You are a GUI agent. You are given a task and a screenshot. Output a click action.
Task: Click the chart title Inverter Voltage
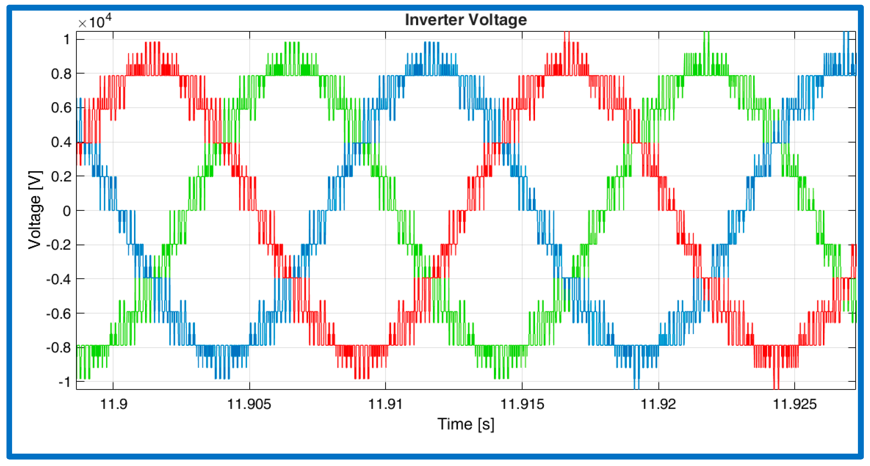[x=465, y=19]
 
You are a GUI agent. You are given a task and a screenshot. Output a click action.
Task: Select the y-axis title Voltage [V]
[x=35, y=210]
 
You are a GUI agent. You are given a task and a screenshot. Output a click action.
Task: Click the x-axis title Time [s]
[x=465, y=424]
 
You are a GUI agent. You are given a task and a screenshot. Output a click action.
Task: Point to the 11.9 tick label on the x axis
[x=113, y=404]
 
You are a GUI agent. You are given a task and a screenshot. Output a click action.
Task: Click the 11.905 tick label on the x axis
[x=249, y=404]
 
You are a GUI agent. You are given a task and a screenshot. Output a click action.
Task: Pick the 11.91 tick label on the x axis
[x=385, y=404]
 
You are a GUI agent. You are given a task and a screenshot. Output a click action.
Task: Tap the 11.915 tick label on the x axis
[x=522, y=404]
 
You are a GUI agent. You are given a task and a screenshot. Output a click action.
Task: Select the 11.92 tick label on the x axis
[x=658, y=404]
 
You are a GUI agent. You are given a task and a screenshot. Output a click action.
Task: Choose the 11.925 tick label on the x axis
[x=794, y=404]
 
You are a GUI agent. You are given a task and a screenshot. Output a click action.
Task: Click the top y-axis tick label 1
[x=67, y=39]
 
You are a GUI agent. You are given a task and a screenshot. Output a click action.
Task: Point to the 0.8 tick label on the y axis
[x=62, y=74]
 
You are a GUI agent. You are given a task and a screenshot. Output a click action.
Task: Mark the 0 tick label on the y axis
[x=67, y=211]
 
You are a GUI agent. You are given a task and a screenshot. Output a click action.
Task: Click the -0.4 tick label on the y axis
[x=59, y=279]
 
